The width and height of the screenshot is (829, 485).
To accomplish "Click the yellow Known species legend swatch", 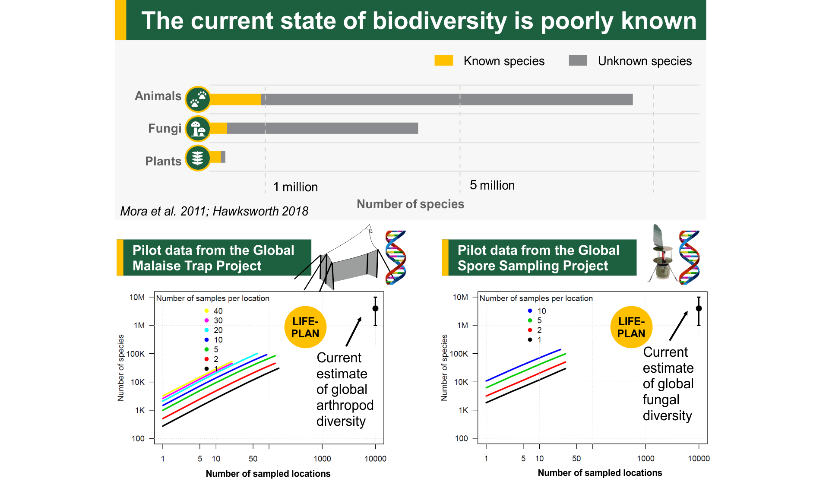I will point(443,60).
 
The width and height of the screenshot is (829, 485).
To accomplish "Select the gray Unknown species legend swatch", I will point(578,60).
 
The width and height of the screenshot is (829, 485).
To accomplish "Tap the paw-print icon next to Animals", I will point(198,99).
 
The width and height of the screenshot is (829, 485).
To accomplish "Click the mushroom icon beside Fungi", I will point(198,129).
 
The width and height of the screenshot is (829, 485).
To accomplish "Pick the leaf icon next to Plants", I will point(198,158).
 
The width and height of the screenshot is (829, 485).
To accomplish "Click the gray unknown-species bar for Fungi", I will point(322,128).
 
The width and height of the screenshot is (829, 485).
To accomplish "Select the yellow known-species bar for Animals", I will point(236,99).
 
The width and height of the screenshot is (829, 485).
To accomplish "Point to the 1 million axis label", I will point(295,187).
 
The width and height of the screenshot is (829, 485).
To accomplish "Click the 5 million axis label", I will point(492,185).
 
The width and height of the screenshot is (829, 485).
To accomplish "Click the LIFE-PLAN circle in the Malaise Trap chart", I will point(305,327).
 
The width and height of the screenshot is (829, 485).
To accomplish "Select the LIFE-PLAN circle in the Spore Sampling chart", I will point(631,327).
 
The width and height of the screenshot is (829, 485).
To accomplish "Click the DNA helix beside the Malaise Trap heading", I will point(396,257).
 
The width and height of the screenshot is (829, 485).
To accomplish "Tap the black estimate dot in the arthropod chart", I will point(375,308).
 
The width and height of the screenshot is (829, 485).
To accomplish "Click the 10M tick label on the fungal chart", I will point(460,297).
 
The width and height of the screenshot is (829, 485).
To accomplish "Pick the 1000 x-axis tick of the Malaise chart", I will point(322,459).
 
